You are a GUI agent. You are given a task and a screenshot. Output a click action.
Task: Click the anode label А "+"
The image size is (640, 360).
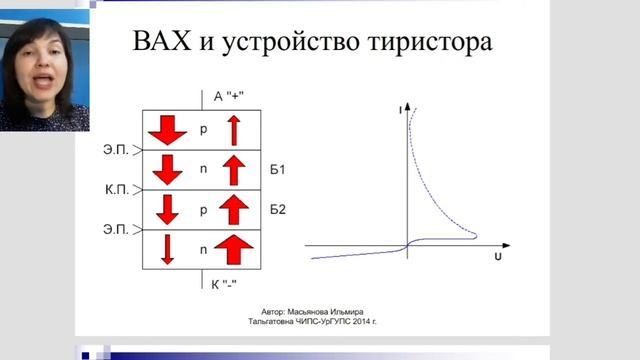point(227,97)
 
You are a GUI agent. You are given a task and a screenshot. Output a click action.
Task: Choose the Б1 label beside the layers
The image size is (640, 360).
point(278,171)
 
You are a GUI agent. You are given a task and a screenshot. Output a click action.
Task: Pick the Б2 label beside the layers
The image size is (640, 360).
point(278,210)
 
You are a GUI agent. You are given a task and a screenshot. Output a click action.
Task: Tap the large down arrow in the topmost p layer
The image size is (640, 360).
point(166,130)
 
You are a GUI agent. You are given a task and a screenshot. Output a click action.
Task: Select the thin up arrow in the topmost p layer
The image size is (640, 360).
point(233,130)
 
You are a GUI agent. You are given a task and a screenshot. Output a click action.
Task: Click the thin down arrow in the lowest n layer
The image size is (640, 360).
point(167,247)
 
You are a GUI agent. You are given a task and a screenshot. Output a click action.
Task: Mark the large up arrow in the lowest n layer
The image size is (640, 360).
point(233,247)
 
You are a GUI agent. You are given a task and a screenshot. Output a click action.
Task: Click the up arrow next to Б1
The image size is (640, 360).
point(233,171)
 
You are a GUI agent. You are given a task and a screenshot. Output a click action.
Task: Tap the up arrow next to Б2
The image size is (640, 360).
point(233,210)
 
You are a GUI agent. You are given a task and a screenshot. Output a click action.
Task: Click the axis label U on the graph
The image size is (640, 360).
point(497,258)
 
